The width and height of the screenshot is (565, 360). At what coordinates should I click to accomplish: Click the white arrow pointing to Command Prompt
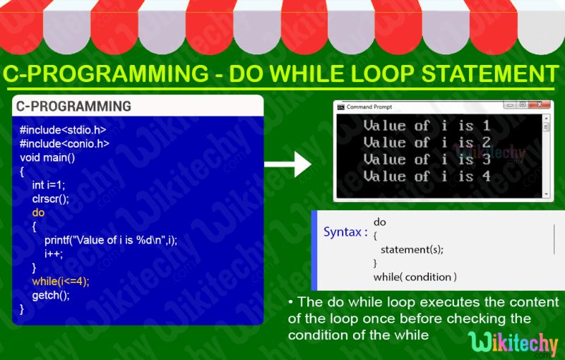pos(287,166)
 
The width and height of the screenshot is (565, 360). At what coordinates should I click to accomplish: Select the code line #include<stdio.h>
pos(64,130)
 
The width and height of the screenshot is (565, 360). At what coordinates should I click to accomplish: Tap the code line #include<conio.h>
pos(64,143)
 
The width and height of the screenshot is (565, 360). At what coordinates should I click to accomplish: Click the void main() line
pos(47,157)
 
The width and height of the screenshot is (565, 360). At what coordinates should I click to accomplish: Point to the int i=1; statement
pos(49,184)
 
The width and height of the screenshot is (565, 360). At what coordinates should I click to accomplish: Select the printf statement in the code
pos(111,239)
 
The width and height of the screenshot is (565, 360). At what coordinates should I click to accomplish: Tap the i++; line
pos(54,253)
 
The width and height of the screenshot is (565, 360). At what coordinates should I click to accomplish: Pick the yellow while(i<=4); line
pos(61,281)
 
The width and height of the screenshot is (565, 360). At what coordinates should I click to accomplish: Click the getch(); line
pos(51,294)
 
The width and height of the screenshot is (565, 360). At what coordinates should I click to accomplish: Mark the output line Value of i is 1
pos(427,126)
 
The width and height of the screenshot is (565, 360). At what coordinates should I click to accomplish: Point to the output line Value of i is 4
pos(427,176)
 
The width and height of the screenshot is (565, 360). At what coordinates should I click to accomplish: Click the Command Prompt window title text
pos(369,107)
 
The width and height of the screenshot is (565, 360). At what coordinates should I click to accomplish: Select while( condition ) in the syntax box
pos(415,277)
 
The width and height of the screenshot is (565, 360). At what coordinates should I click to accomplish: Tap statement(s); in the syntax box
pos(412,249)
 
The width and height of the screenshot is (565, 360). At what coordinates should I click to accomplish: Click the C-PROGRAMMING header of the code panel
pos(73,107)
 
